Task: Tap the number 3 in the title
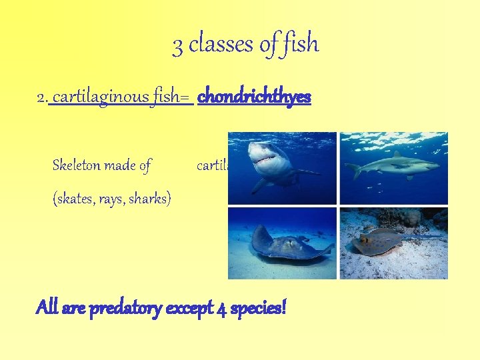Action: (177, 45)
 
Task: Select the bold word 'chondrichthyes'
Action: (254, 97)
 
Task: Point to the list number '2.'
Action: (42, 98)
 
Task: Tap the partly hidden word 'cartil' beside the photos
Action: (213, 165)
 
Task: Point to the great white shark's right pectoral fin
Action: (261, 185)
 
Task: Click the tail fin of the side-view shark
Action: (353, 171)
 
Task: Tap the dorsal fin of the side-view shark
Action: (399, 155)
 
